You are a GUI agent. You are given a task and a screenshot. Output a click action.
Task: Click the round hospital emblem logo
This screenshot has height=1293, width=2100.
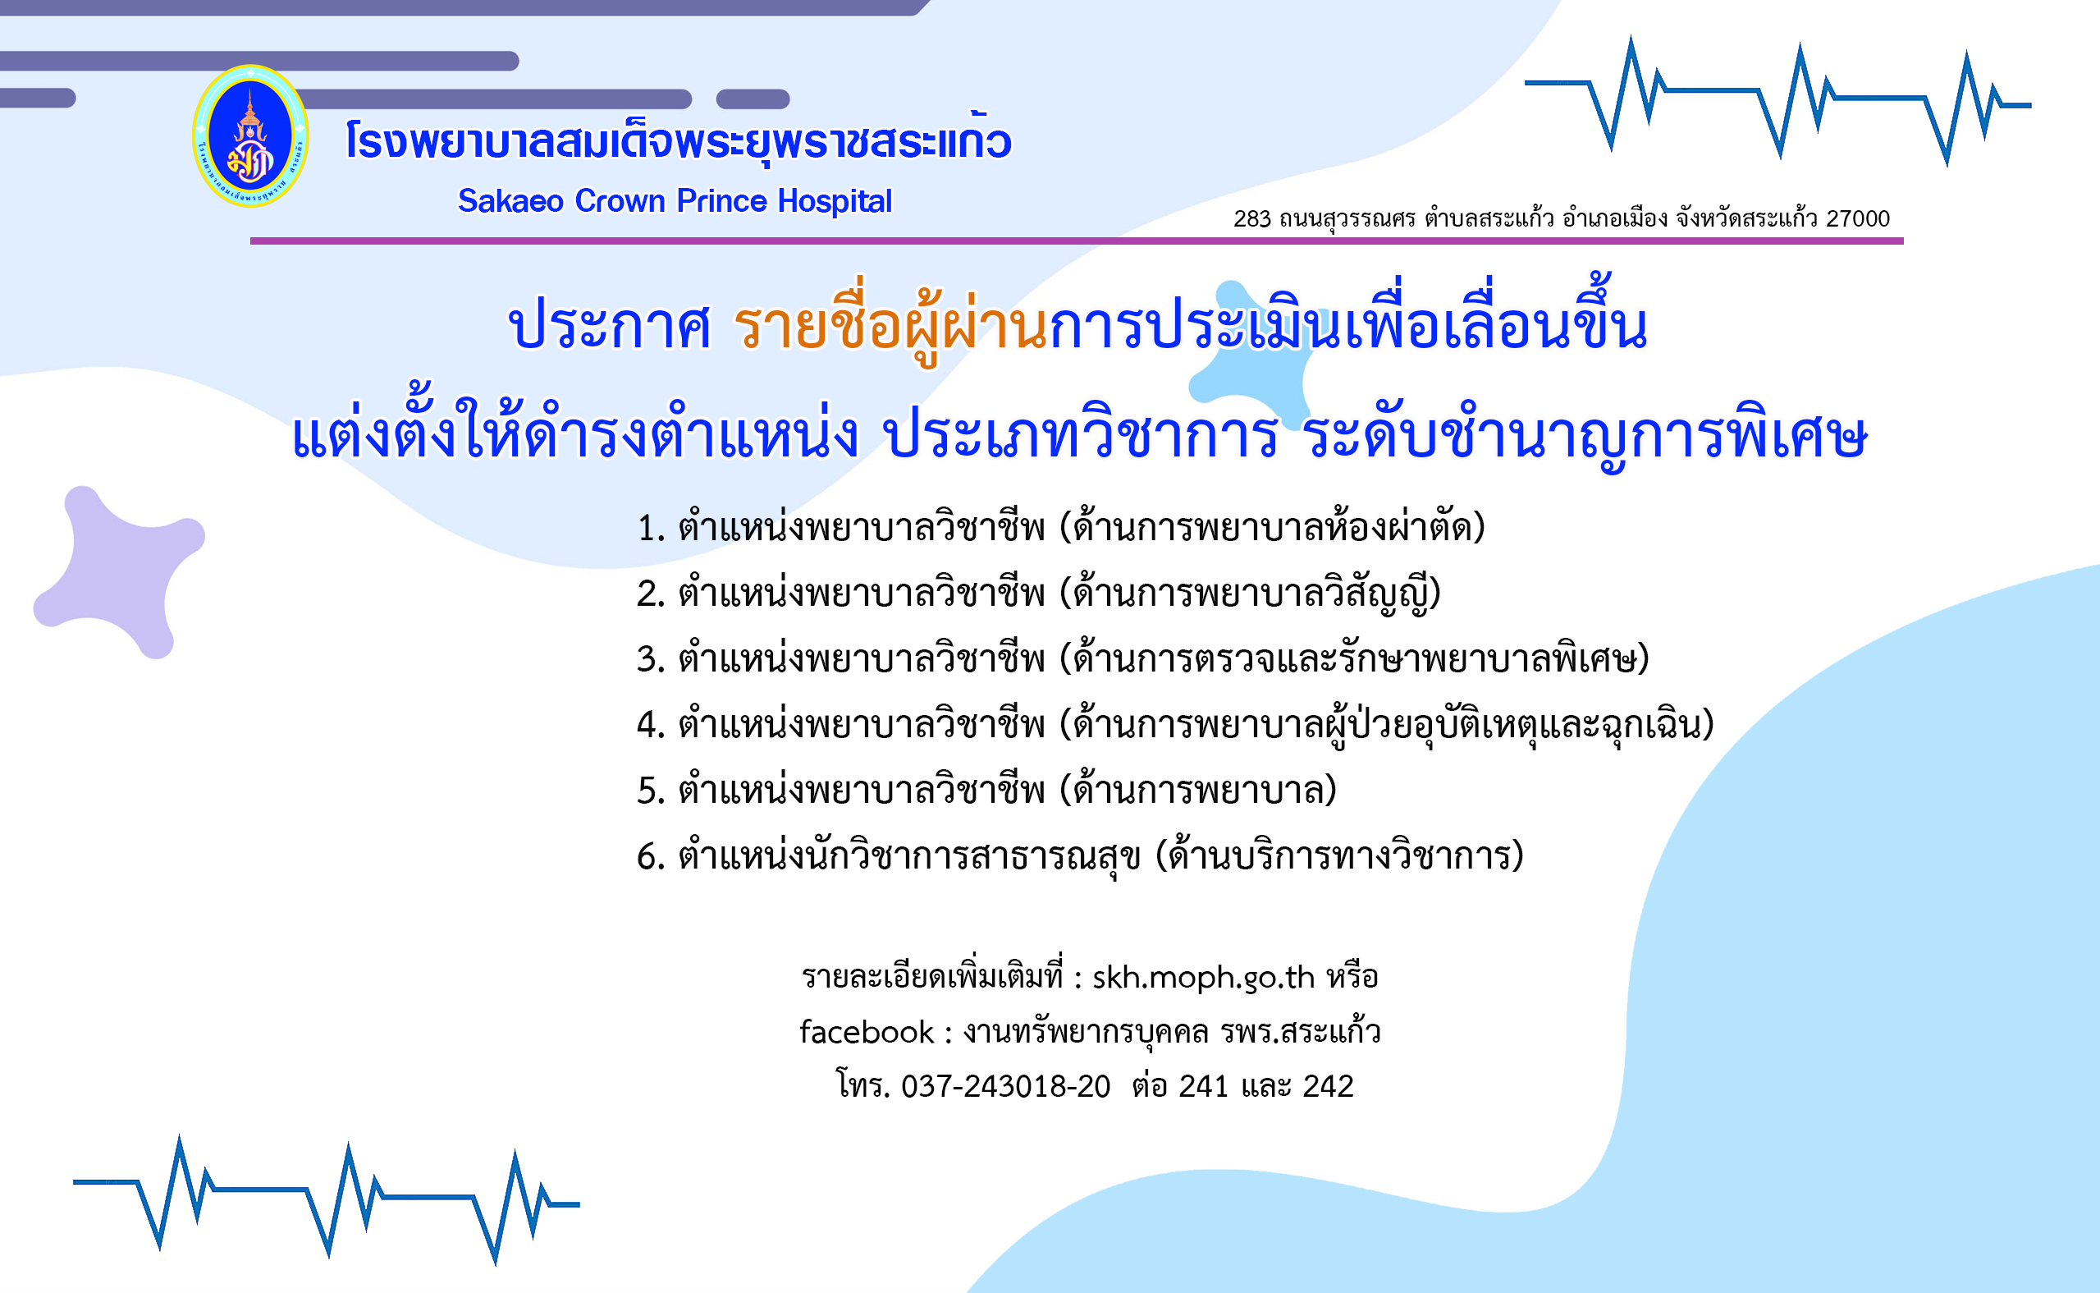tap(250, 136)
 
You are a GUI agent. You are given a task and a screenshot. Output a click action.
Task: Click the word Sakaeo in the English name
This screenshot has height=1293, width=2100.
tap(510, 201)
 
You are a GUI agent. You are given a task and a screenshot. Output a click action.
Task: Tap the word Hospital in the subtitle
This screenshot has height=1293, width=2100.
tap(835, 201)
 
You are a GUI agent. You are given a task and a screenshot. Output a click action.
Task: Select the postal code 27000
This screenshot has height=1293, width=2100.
tap(1858, 219)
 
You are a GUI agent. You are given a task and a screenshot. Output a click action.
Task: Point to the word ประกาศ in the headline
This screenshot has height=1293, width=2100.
tap(611, 326)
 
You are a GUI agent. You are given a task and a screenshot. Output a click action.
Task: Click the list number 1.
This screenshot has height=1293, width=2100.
tap(650, 529)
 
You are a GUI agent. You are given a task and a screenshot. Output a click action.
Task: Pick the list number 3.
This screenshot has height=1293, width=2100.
tap(650, 659)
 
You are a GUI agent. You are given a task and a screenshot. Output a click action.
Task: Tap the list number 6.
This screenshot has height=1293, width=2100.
tap(650, 857)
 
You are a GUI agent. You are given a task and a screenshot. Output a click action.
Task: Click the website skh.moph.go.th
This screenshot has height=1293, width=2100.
tap(1203, 978)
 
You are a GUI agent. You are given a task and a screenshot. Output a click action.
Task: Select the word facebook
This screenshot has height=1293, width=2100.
tap(867, 1032)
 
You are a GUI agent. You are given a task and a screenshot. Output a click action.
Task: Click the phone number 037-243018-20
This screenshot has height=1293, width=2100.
tap(1005, 1086)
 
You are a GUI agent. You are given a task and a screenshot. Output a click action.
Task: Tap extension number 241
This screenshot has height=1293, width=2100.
tap(1203, 1086)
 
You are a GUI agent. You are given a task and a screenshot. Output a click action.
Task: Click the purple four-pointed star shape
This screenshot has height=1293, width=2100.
tap(120, 571)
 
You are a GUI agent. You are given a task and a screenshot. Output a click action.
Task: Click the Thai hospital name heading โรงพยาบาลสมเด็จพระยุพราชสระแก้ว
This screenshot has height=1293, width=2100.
tap(678, 139)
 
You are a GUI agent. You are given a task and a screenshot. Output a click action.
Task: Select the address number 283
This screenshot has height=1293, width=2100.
tap(1252, 219)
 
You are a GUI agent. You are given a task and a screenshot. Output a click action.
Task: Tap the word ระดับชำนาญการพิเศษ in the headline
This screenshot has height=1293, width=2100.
tap(1587, 434)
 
